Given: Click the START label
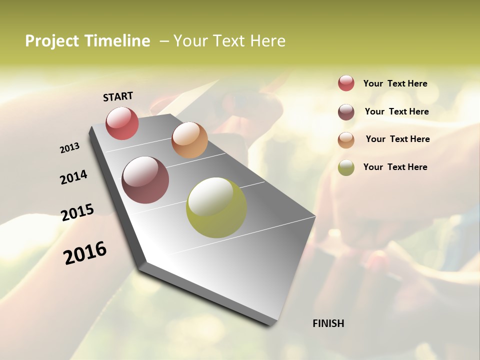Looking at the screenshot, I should pos(118,96).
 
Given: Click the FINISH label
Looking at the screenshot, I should pos(328,323).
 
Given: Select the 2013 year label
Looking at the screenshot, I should pos(70,148).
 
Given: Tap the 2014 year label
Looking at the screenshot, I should pos(74,177).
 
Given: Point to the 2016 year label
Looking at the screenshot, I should pos(85,253).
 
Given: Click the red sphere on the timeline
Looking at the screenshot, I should pos(122,123).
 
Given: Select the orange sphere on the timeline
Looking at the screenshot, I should pos(189,140).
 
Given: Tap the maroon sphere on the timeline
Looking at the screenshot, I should pos(145,180).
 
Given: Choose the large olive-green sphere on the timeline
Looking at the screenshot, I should pos(216,207).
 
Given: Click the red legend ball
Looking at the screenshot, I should pos(346,83).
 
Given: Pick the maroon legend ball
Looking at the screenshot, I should pos(346,112).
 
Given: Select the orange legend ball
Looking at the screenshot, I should pos(346,140).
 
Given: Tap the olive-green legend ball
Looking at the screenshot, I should pos(346,167).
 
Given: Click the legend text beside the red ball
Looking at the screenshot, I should pos(395,83).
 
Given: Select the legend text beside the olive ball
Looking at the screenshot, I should pos(395,167).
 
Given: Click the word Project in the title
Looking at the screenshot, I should pos(52,41).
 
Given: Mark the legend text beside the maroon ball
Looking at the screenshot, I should pos(396,111).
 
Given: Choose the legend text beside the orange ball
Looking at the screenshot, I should pos(397,139).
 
